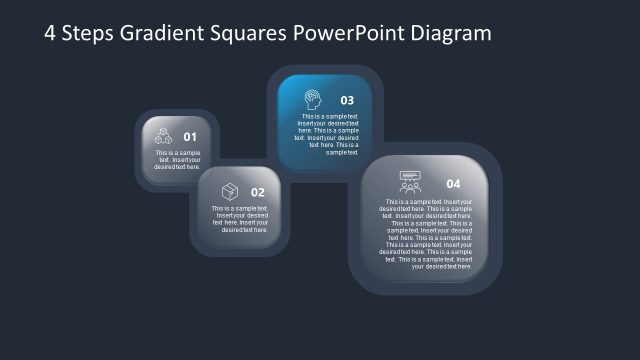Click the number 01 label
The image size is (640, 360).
click(x=190, y=137)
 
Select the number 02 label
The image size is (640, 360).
click(x=258, y=192)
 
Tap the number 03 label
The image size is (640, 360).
click(x=347, y=100)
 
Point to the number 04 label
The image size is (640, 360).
click(x=453, y=184)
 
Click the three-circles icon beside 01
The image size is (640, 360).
click(x=163, y=136)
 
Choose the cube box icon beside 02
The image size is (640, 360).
click(x=230, y=191)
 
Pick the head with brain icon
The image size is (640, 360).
click(x=312, y=99)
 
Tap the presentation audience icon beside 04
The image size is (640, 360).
click(x=410, y=182)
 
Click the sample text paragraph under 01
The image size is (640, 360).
click(x=178, y=159)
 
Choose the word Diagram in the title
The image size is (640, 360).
click(x=451, y=33)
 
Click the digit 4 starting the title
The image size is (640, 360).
click(x=51, y=33)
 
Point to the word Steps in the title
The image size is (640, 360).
click(x=89, y=33)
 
